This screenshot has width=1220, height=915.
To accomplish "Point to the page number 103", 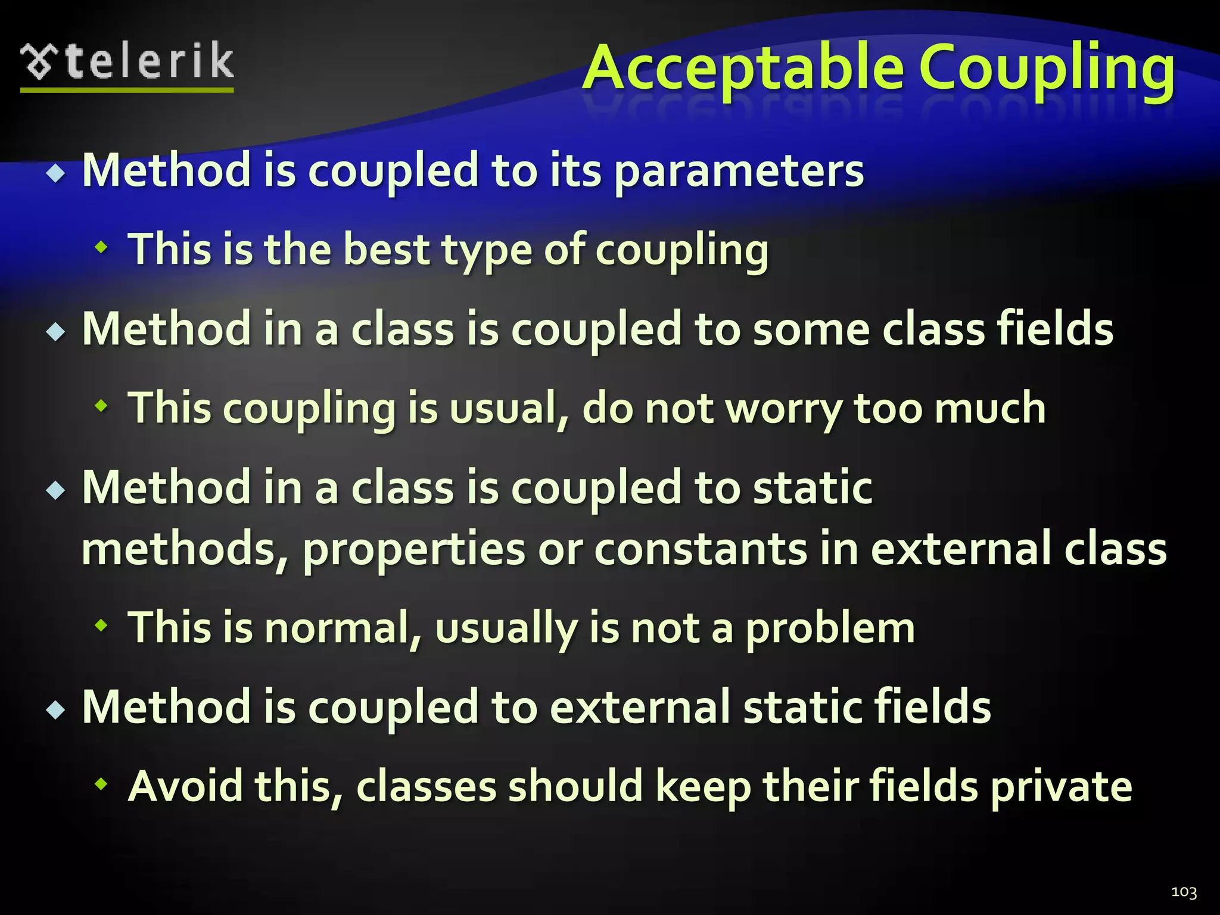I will [1183, 892].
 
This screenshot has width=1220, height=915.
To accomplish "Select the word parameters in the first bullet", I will [738, 171].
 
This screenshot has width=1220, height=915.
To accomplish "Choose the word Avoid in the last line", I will [185, 786].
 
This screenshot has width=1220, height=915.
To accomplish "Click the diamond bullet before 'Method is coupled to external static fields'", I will [56, 709].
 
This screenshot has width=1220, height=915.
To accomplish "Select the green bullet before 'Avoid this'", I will [102, 784].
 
